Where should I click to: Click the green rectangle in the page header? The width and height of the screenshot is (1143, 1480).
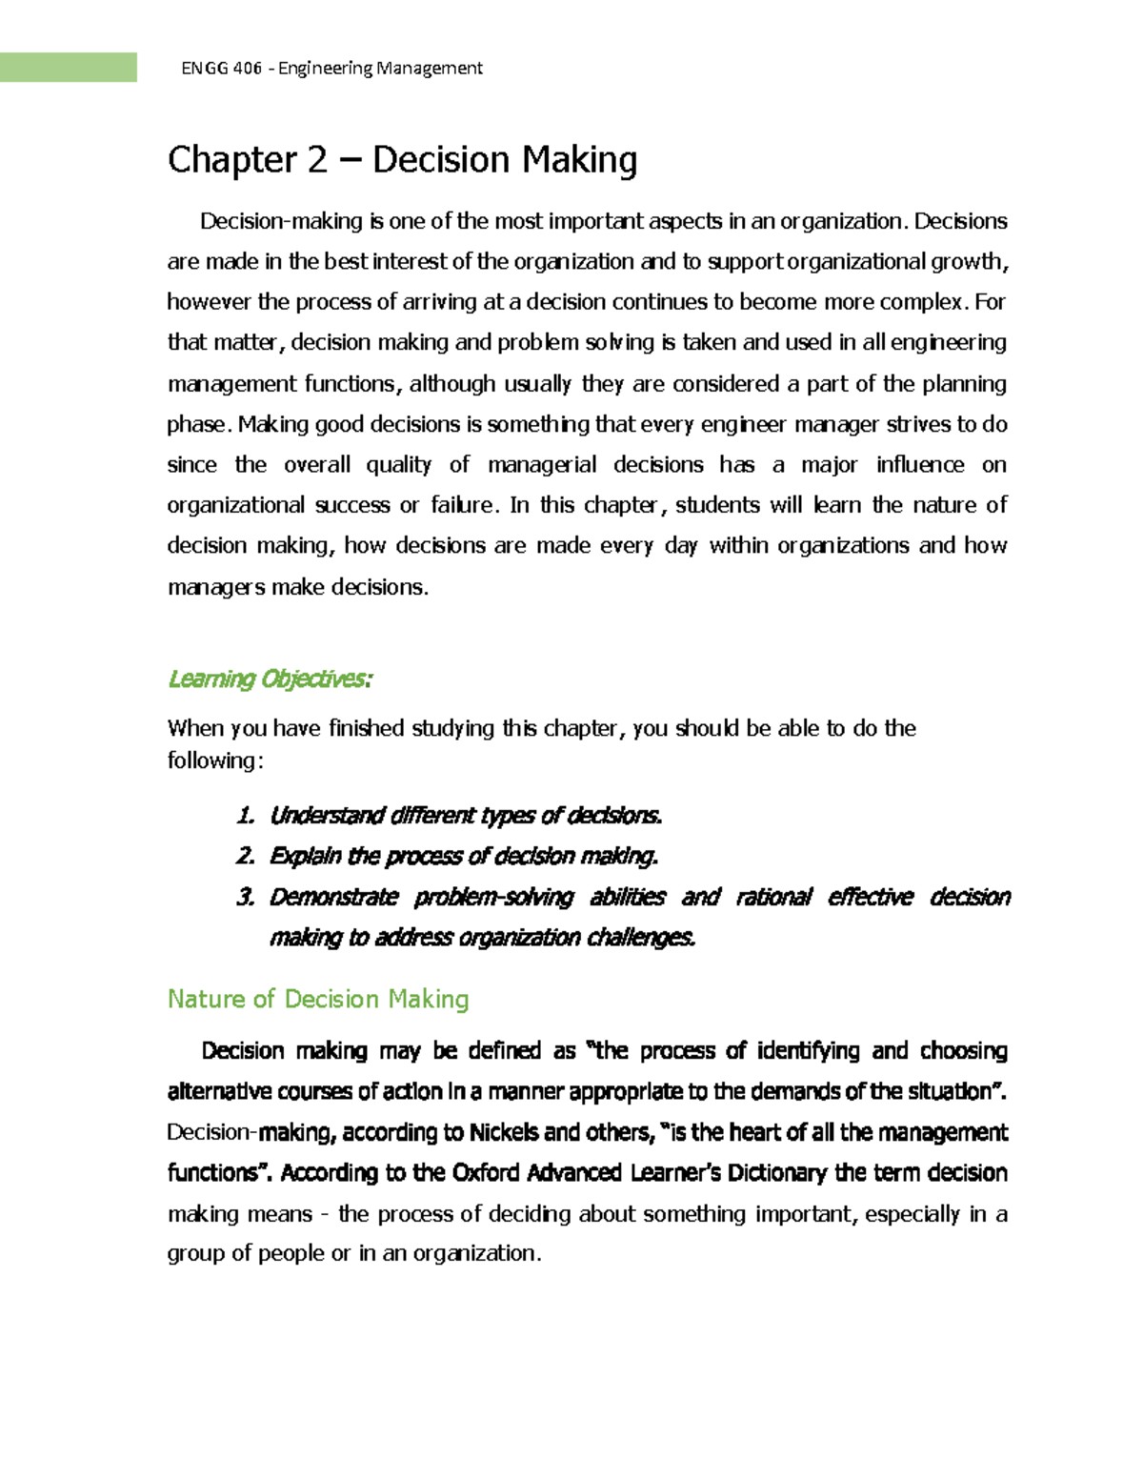click(x=68, y=68)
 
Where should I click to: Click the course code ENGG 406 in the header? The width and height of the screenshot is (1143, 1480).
click(x=221, y=68)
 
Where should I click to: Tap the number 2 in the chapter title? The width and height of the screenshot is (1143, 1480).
click(x=317, y=159)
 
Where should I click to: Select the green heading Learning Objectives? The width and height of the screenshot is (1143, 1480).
click(x=270, y=679)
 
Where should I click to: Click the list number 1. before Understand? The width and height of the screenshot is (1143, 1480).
click(x=246, y=816)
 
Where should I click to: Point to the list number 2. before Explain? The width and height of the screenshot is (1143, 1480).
click(x=246, y=856)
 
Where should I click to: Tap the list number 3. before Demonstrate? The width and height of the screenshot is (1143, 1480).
click(x=246, y=897)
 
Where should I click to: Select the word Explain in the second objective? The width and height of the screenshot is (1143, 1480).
click(x=305, y=856)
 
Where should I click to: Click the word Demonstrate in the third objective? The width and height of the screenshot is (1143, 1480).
click(x=333, y=897)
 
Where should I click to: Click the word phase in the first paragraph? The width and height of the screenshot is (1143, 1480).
click(x=197, y=424)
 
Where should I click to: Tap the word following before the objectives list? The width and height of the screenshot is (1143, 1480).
click(x=211, y=760)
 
